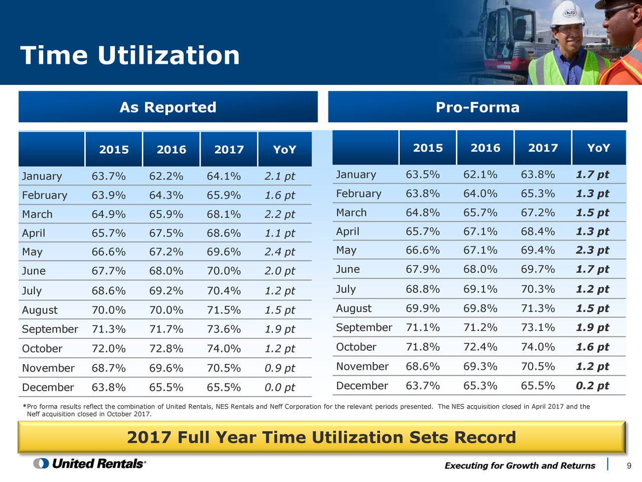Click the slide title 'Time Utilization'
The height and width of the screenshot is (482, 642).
point(130,55)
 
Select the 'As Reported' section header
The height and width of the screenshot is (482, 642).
point(168,107)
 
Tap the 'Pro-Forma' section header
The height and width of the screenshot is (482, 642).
point(477,107)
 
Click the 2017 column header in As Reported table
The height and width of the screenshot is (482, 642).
point(229,150)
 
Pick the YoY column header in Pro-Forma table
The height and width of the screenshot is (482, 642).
point(598,148)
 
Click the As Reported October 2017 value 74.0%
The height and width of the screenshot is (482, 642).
point(224,348)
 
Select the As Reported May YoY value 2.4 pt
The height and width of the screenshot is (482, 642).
point(279,252)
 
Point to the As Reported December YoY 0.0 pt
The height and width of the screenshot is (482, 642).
point(279,388)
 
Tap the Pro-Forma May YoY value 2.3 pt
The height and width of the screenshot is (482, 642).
point(592,250)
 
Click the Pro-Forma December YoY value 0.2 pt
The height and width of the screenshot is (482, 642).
point(592,386)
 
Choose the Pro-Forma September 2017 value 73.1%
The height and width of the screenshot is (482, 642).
point(538,327)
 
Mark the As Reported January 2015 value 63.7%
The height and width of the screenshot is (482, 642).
point(108,176)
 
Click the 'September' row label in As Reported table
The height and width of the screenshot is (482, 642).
point(50,329)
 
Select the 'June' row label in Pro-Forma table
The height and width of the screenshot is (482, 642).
point(348,269)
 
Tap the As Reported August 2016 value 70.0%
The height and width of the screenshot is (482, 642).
point(166,310)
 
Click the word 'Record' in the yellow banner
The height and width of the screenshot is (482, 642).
point(485,437)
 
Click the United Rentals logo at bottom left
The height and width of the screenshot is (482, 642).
point(90,463)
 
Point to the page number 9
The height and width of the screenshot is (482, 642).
point(629,466)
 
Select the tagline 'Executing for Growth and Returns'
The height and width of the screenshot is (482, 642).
point(520,465)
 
